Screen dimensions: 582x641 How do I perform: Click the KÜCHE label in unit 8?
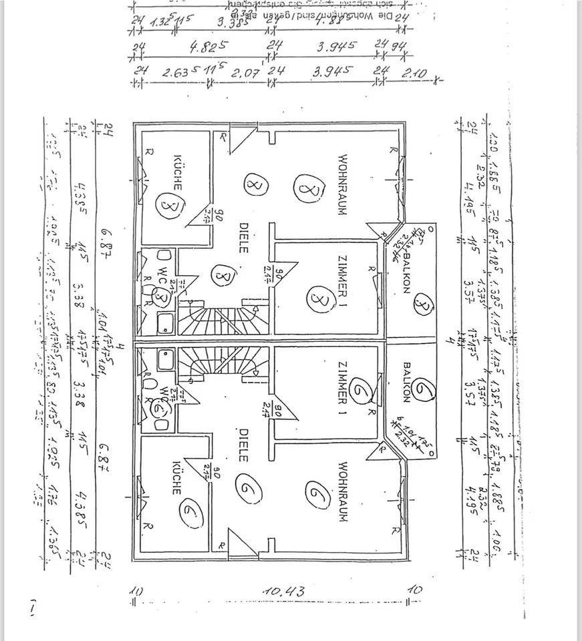(x=178, y=172)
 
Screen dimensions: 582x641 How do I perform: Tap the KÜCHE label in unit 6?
(x=177, y=477)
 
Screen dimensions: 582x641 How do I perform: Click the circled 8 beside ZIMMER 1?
(x=319, y=298)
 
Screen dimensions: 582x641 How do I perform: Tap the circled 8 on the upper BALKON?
(x=423, y=306)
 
